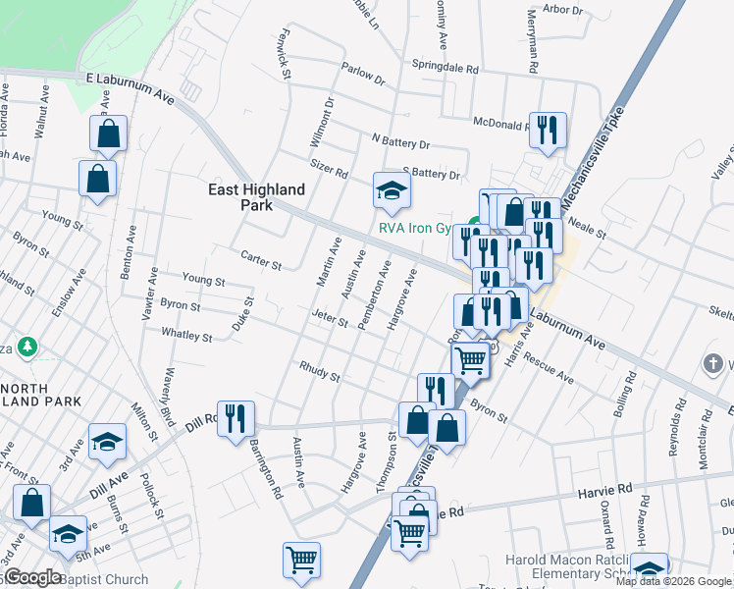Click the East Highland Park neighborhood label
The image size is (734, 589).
pyautogui.click(x=255, y=197)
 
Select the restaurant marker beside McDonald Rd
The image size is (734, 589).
pyautogui.click(x=547, y=130)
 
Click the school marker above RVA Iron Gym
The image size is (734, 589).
pyautogui.click(x=391, y=190)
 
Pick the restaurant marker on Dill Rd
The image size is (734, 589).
pyautogui.click(x=236, y=419)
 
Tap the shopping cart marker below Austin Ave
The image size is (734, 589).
pyautogui.click(x=302, y=560)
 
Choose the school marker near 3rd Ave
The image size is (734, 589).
pyautogui.click(x=107, y=442)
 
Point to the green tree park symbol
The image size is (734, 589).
pyautogui.click(x=30, y=347)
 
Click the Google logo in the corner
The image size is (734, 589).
pyautogui.click(x=32, y=577)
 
